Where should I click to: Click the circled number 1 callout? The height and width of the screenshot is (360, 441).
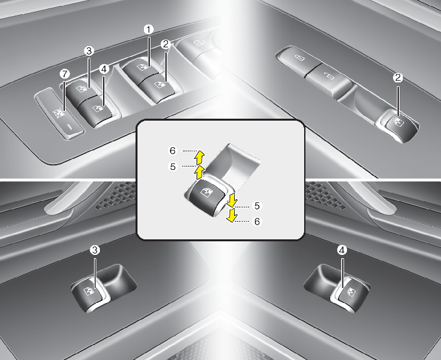(149, 29)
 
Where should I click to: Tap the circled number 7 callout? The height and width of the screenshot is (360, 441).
(65, 74)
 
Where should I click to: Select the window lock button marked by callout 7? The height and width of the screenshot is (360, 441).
(60, 113)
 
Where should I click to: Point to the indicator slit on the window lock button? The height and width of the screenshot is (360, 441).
(70, 126)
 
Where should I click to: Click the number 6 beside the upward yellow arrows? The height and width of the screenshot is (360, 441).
(173, 150)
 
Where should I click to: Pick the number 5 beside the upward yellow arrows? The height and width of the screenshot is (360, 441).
(173, 167)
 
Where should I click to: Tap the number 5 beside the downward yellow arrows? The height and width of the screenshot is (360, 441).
(257, 206)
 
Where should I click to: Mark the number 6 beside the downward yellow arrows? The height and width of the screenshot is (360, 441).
(257, 222)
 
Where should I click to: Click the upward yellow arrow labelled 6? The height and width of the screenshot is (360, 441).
(199, 158)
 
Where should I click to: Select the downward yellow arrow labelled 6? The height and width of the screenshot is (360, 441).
(232, 215)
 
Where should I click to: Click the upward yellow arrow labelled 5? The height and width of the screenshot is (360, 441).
(199, 172)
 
